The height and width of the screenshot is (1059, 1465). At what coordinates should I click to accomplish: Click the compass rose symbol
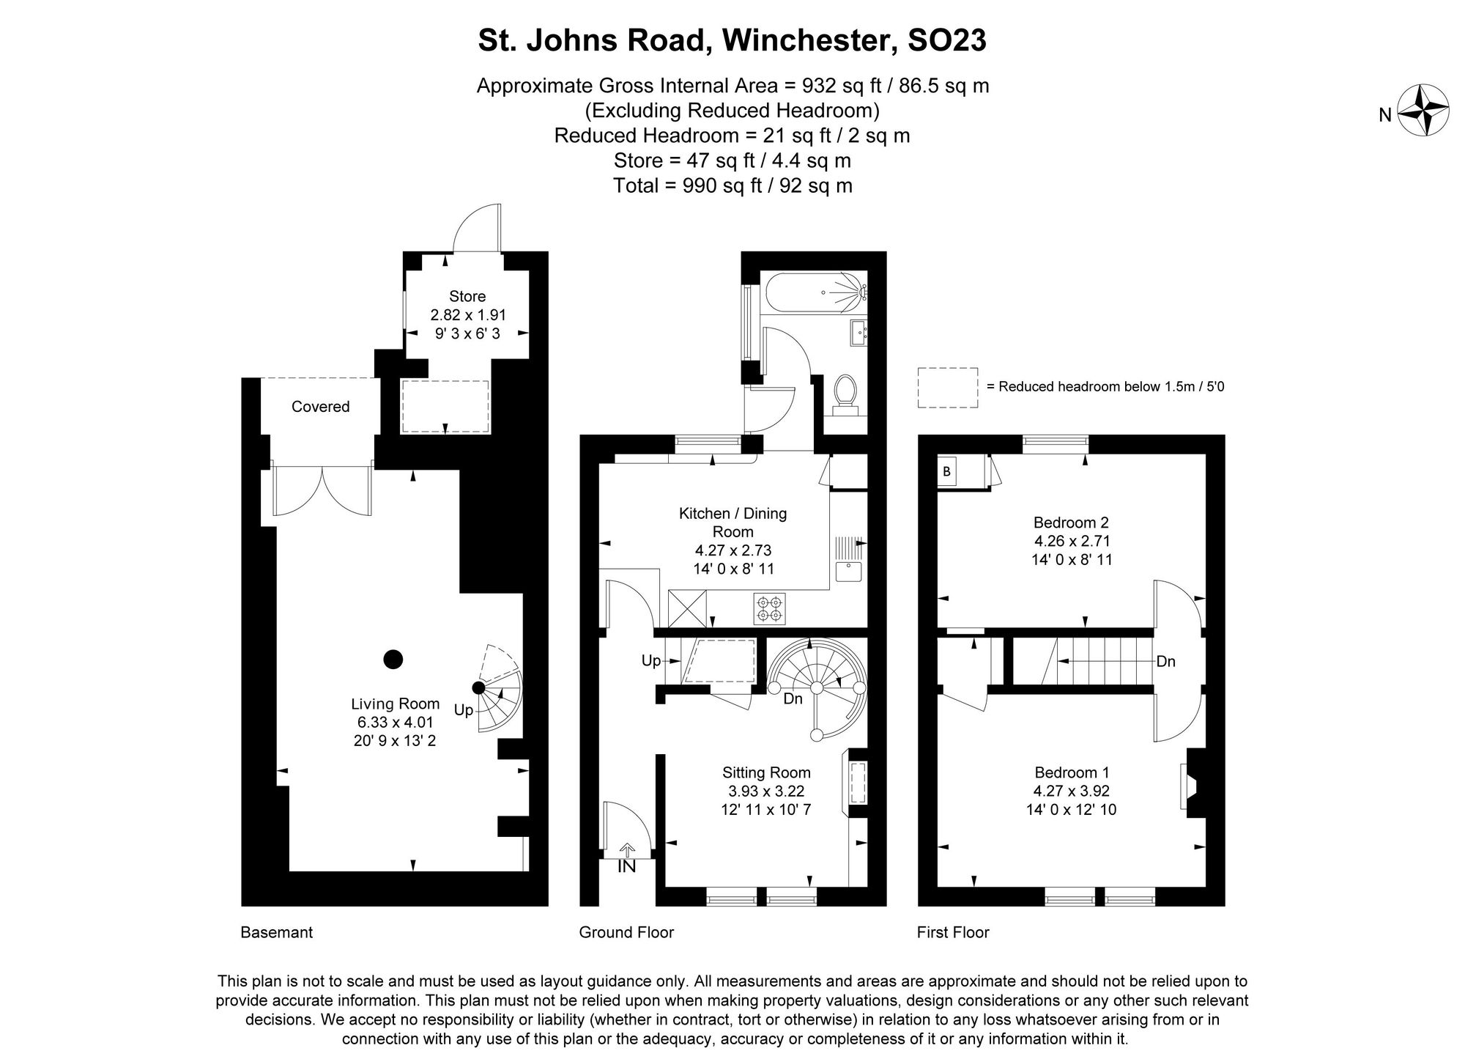[x=1424, y=110]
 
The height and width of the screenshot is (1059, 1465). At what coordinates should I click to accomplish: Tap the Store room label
[x=467, y=297]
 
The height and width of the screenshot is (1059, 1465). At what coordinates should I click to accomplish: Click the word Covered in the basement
[x=320, y=407]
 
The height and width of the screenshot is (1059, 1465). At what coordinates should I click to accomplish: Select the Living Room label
[x=395, y=704]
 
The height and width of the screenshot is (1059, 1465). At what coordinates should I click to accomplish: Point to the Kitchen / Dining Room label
[x=732, y=522]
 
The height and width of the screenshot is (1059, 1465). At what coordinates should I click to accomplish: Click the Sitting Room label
[x=766, y=772]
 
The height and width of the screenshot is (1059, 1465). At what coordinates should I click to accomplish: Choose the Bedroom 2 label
[x=1071, y=523]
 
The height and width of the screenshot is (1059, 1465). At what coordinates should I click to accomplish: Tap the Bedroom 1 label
[x=1072, y=772]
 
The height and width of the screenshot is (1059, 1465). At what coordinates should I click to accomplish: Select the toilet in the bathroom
[x=845, y=392]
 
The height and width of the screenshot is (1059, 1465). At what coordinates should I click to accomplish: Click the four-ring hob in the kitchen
[x=769, y=609]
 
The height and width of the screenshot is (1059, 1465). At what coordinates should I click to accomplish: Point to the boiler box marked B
[x=946, y=472]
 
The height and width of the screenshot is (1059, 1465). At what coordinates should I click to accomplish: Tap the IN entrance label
[x=626, y=866]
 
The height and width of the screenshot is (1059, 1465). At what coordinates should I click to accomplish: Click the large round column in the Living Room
[x=393, y=660]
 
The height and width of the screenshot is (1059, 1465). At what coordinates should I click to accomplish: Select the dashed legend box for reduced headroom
[x=948, y=388]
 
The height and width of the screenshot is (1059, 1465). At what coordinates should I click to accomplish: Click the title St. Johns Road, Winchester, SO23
[x=732, y=40]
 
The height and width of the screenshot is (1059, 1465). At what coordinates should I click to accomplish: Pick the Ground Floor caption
[x=626, y=932]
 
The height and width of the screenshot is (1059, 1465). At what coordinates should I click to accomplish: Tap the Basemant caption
[x=276, y=932]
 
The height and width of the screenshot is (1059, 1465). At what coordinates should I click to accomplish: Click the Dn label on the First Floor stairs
[x=1165, y=662]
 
